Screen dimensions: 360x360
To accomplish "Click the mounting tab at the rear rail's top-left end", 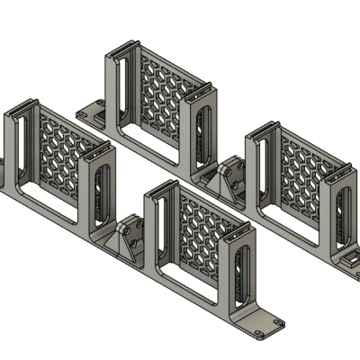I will point(91,112).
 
